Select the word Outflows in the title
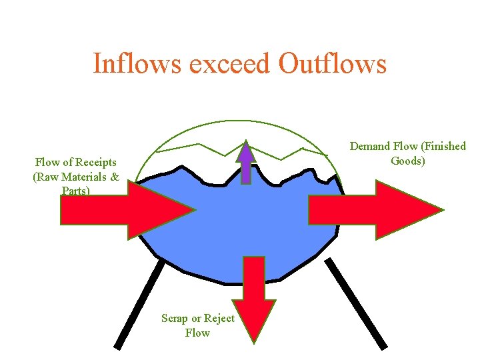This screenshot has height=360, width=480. point(333,64)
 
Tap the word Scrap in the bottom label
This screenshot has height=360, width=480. point(175,318)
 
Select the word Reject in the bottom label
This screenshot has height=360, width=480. point(219,318)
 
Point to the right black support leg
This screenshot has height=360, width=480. point(357,303)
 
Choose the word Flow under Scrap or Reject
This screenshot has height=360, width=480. point(197,332)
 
